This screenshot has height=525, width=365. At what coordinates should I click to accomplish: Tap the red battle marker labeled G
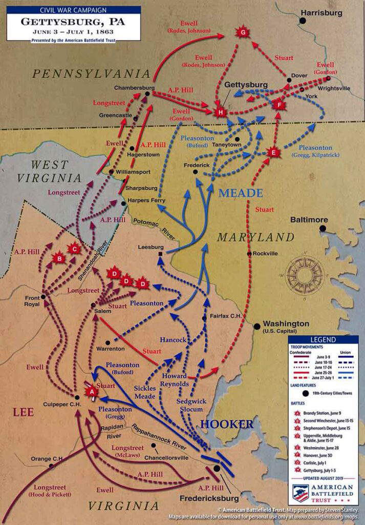242,32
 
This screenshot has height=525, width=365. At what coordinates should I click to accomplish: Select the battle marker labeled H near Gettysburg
221,112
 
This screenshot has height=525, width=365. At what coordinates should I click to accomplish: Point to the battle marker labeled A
92,392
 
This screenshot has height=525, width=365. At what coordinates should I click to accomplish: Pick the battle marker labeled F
279,105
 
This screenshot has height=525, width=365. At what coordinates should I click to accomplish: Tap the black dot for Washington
257,326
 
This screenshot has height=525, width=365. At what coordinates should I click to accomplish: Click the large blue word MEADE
241,193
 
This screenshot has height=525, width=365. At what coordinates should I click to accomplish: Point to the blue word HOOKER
226,424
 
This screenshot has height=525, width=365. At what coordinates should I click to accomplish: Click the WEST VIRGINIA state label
49,172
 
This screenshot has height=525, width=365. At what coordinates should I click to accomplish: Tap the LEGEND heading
323,339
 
